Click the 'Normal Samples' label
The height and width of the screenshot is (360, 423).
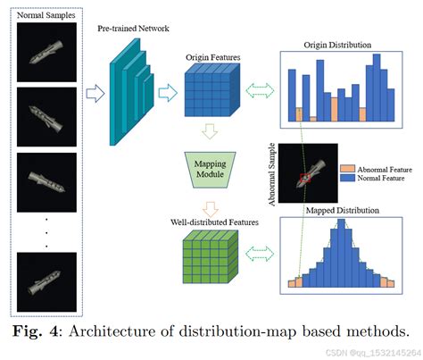[x=47, y=13]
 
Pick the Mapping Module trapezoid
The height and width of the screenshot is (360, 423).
[x=207, y=167]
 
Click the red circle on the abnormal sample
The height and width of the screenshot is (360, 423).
[x=305, y=178]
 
